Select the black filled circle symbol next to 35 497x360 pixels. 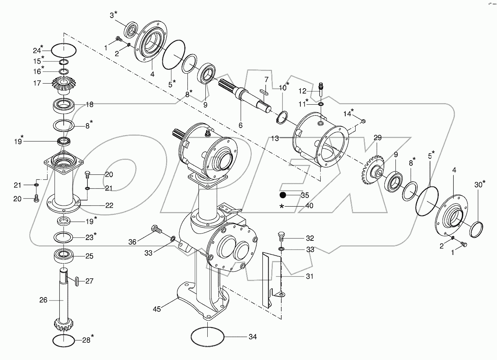283,195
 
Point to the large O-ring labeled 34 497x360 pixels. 207,337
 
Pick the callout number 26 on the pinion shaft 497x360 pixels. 43,300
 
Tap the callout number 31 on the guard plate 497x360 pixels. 309,276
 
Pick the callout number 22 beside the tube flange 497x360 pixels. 109,205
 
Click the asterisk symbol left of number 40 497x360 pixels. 282,206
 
